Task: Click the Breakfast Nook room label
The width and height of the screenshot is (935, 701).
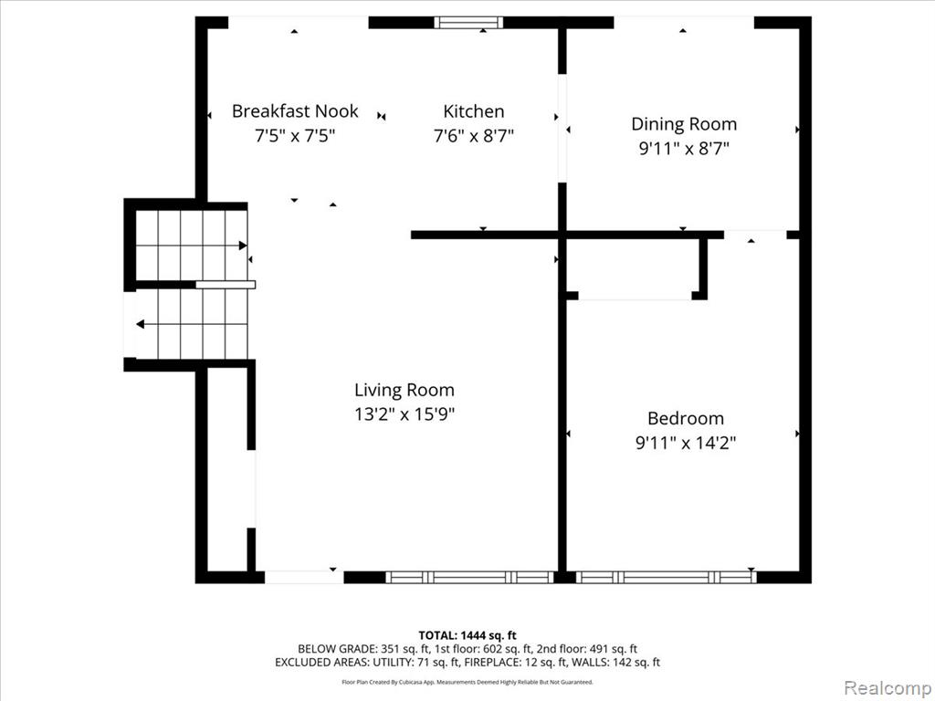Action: point(295,111)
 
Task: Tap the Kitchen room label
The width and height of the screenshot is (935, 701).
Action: point(474,111)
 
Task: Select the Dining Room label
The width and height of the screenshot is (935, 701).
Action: point(684,124)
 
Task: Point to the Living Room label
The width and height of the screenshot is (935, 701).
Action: point(404,390)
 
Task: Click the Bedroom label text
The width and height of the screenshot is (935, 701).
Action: point(685,418)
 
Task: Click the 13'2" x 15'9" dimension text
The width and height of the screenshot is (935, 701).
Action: point(404,413)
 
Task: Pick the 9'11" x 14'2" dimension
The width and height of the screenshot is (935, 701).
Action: point(685,443)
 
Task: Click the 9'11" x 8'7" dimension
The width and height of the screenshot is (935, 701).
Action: point(684,149)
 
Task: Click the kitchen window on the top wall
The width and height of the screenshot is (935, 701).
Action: point(468,23)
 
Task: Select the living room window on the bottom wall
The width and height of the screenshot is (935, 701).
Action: point(470,577)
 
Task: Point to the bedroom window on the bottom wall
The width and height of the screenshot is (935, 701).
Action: point(666,577)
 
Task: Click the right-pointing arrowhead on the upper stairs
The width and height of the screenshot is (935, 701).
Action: point(243,246)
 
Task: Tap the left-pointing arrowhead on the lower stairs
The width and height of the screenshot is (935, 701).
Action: point(140,324)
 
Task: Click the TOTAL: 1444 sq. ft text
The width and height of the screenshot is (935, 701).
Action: point(467,635)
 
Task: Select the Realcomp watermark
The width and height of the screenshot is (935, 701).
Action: point(888,687)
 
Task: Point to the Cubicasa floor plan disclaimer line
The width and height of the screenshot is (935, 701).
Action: point(467,682)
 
